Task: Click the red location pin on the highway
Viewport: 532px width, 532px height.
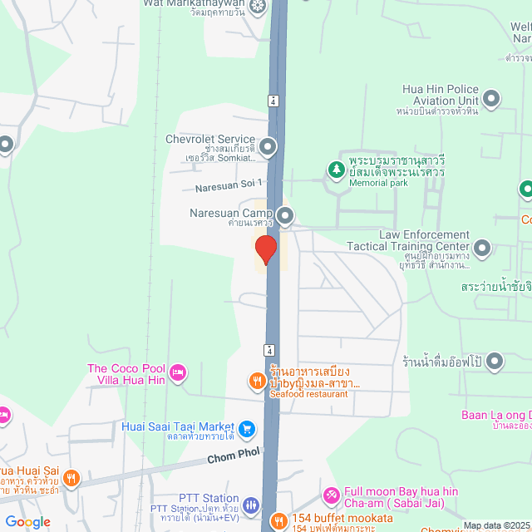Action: [265, 249]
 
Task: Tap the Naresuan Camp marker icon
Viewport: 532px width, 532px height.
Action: [285, 217]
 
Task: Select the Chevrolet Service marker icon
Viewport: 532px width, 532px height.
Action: [268, 149]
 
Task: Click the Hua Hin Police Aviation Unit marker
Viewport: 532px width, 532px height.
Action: [491, 99]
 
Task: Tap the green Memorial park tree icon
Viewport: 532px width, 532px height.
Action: [336, 170]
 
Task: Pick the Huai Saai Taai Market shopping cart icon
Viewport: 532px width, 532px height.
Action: [247, 429]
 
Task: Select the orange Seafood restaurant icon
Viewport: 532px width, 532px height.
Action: [258, 381]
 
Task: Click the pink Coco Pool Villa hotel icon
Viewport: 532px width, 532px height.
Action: [178, 373]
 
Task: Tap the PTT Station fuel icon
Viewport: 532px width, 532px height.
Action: [251, 505]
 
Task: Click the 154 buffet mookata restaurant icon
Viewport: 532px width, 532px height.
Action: [278, 521]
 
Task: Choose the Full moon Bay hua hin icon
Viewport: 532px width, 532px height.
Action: [331, 496]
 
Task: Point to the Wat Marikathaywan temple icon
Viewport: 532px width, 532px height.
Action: [257, 7]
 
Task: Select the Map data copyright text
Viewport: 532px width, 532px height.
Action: [495, 525]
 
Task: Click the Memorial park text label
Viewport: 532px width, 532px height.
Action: [378, 183]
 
